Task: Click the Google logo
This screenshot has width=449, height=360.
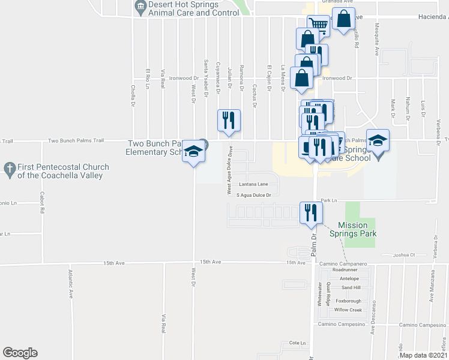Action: (x=20, y=353)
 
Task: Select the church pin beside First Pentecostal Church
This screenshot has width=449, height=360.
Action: (x=10, y=170)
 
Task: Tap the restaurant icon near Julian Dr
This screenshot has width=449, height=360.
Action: (x=229, y=120)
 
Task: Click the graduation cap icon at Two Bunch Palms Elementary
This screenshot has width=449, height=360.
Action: (x=193, y=152)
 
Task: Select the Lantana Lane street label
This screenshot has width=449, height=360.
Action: (x=253, y=185)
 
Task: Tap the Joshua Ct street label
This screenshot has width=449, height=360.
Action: (x=404, y=255)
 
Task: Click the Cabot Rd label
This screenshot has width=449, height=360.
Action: (x=42, y=203)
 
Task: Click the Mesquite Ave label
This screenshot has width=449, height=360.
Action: (x=376, y=35)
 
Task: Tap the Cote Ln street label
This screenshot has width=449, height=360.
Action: (x=298, y=343)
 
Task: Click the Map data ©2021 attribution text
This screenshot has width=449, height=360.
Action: (x=423, y=355)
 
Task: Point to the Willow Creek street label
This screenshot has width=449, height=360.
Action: (x=349, y=310)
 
